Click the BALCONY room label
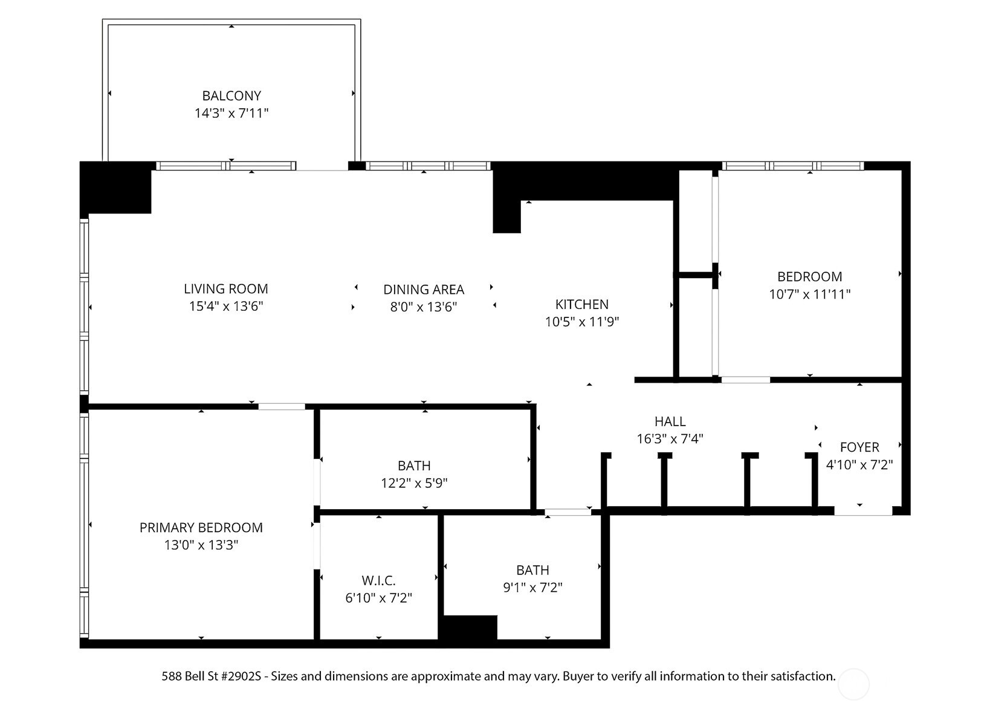click(231, 96)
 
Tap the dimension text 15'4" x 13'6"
click(226, 307)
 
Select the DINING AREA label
click(424, 290)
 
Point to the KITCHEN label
click(581, 304)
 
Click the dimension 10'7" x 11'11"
click(809, 294)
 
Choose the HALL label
click(670, 421)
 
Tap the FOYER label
click(859, 447)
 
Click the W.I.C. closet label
click(378, 581)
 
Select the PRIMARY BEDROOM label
click(201, 528)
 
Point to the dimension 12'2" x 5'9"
click(414, 483)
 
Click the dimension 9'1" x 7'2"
click(532, 588)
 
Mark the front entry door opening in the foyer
click(862, 512)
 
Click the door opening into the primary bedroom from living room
click(282, 406)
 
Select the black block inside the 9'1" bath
click(470, 628)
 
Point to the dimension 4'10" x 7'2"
click(859, 465)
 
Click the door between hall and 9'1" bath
click(568, 513)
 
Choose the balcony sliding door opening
click(322, 166)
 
